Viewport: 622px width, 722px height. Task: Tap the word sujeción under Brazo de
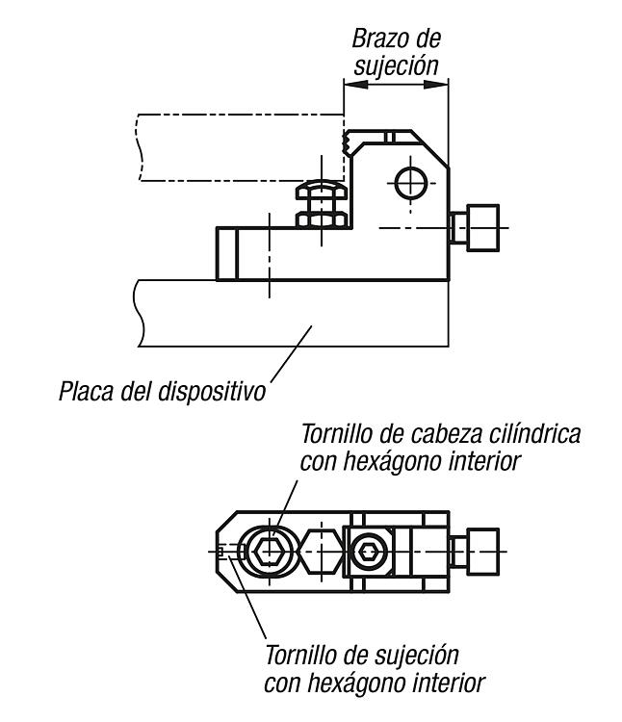[396, 65]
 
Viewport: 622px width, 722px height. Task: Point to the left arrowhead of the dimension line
[356, 85]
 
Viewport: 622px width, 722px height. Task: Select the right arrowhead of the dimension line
[436, 85]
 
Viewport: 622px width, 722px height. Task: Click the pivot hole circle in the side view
[411, 183]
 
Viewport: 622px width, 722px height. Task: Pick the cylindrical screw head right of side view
[483, 228]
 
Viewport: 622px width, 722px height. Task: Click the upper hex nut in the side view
[322, 190]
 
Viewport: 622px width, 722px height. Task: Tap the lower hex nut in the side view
[322, 219]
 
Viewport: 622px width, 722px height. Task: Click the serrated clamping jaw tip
[346, 142]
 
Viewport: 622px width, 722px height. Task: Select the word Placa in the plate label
[86, 391]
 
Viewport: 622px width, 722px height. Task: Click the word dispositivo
[212, 392]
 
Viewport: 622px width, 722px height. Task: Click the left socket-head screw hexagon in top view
[270, 552]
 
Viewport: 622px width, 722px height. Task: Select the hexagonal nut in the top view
[321, 552]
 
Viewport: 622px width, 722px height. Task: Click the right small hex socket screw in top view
[368, 552]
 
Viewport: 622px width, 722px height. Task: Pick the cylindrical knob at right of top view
[483, 552]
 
